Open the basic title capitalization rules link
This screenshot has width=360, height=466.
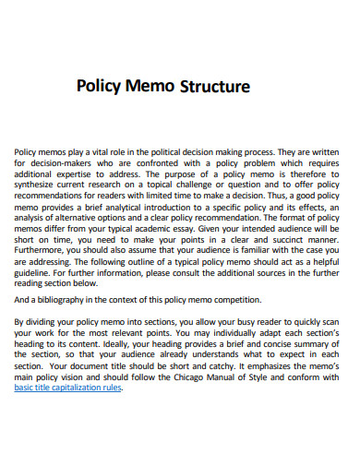(68, 388)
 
